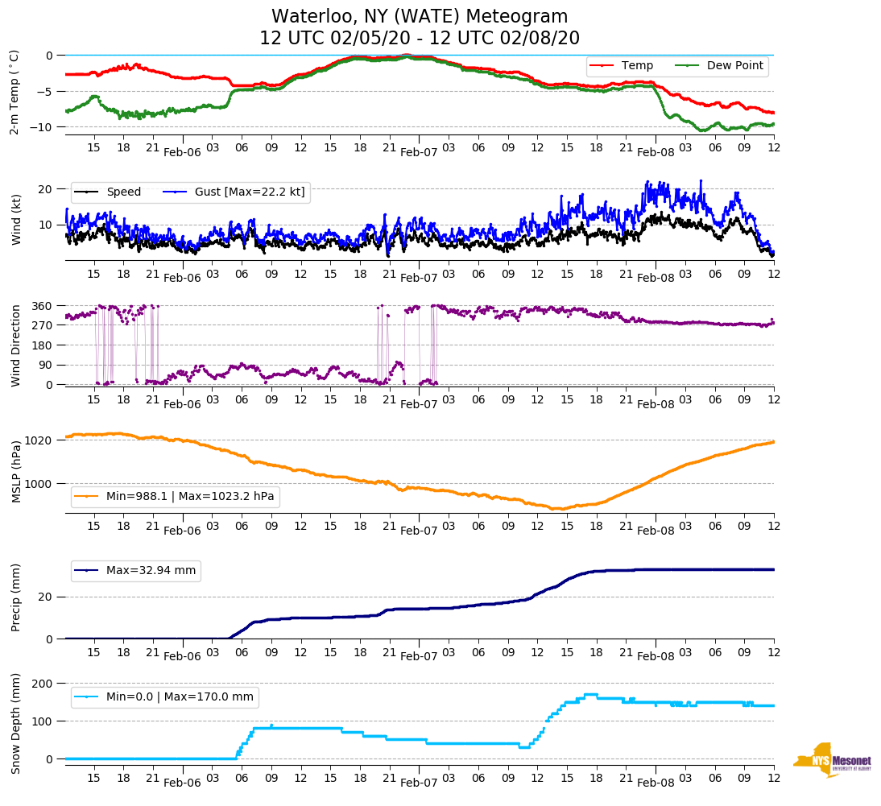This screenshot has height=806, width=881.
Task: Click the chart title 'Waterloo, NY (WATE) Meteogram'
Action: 419,17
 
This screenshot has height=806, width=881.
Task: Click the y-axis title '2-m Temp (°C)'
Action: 14,92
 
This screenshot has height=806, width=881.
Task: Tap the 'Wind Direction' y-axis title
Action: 15,345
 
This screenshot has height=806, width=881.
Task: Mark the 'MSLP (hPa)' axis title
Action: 15,471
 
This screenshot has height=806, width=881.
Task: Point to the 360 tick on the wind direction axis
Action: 42,306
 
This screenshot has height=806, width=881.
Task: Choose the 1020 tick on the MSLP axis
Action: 39,440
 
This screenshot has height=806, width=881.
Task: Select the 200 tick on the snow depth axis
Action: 42,684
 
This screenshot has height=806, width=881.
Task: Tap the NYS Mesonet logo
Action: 833,760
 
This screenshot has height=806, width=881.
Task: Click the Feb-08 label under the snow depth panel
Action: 656,783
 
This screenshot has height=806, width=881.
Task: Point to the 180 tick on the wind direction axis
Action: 42,345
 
